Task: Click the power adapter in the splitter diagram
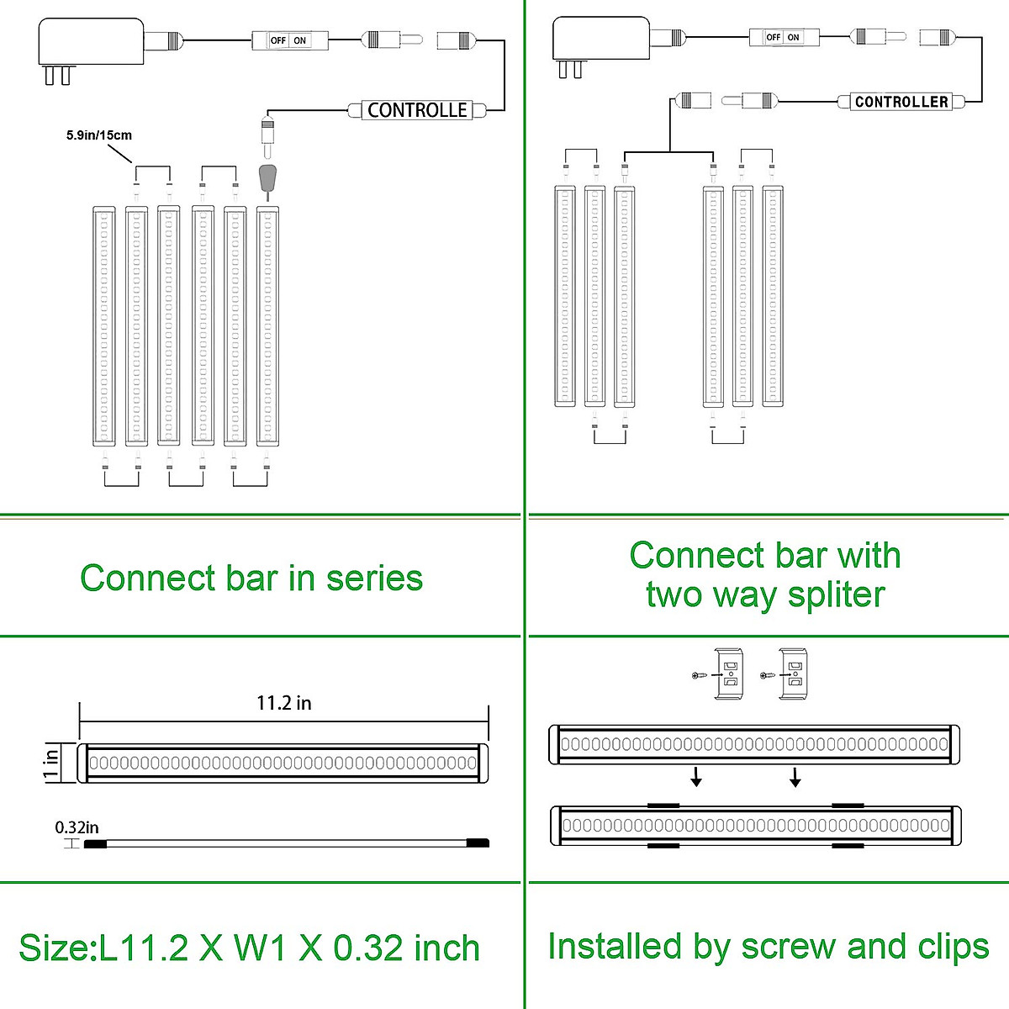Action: (x=600, y=40)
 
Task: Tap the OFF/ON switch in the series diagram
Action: (x=289, y=40)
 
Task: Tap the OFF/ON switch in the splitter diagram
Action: (x=784, y=37)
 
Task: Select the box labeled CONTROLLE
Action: (x=417, y=110)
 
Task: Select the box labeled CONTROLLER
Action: (x=901, y=102)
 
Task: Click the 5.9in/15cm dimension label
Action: (x=99, y=135)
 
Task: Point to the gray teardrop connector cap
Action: (x=267, y=178)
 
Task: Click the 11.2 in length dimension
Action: (x=283, y=703)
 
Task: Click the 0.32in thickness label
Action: (x=77, y=827)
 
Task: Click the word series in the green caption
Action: (x=374, y=578)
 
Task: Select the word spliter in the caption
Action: (x=836, y=594)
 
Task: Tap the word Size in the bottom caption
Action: (x=54, y=948)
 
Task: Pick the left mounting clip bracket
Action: (x=729, y=674)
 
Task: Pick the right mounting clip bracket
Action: (x=795, y=674)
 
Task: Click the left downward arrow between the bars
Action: (x=696, y=779)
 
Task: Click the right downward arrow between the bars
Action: (x=795, y=779)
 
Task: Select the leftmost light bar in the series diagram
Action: (x=103, y=326)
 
